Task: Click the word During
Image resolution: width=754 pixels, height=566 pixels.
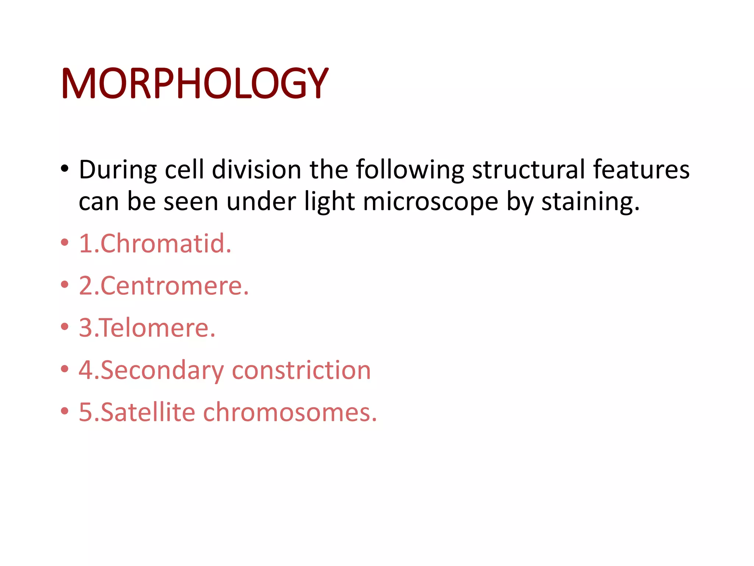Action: pos(118,170)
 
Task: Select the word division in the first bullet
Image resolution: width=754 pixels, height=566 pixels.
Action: pos(257,170)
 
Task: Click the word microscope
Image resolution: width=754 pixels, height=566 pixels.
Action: pos(430,202)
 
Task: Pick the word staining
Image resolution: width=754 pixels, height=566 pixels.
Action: pos(591,202)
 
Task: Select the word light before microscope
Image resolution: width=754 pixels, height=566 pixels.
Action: pos(329,202)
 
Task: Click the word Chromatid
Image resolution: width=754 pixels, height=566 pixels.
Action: pos(166,244)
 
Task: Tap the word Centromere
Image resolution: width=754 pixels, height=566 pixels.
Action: pos(175,286)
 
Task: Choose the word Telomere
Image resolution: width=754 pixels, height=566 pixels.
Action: pos(158,328)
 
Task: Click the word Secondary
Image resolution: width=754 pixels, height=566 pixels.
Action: pos(162,370)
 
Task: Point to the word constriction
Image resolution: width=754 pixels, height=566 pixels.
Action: pos(301,370)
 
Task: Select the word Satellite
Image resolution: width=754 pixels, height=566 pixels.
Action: pos(148,412)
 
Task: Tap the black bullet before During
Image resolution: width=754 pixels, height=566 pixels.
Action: pos(65,169)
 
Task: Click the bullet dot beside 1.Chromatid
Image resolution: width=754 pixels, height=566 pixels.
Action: pos(65,242)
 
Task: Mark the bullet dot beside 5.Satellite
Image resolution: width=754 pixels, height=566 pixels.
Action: pos(65,411)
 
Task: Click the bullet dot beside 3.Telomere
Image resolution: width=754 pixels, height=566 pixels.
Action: pos(65,326)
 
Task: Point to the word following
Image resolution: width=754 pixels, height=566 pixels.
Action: pos(409,170)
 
